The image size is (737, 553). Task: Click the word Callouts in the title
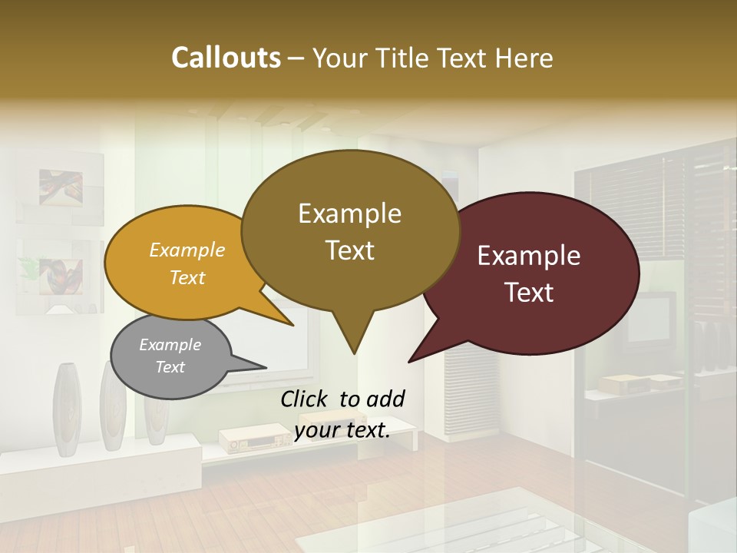(x=226, y=58)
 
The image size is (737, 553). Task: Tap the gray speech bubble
(x=170, y=356)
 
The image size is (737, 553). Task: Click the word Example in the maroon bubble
(x=529, y=256)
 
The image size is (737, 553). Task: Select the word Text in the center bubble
(x=350, y=250)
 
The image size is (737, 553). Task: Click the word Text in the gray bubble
(x=170, y=367)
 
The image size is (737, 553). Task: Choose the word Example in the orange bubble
(x=187, y=250)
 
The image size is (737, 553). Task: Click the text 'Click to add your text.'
(x=342, y=414)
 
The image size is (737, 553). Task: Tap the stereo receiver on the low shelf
(x=247, y=439)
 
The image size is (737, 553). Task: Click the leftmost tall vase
(x=66, y=407)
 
